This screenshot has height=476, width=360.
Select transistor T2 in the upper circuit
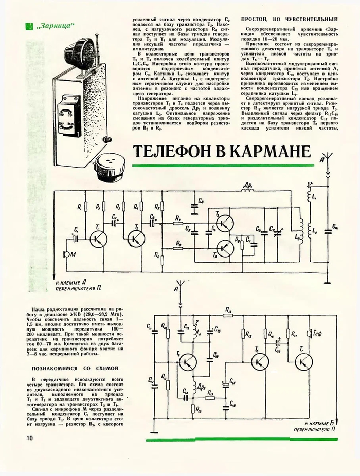(136, 238)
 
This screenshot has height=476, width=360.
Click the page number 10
(27, 437)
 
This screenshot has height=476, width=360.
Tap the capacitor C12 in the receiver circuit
(153, 380)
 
